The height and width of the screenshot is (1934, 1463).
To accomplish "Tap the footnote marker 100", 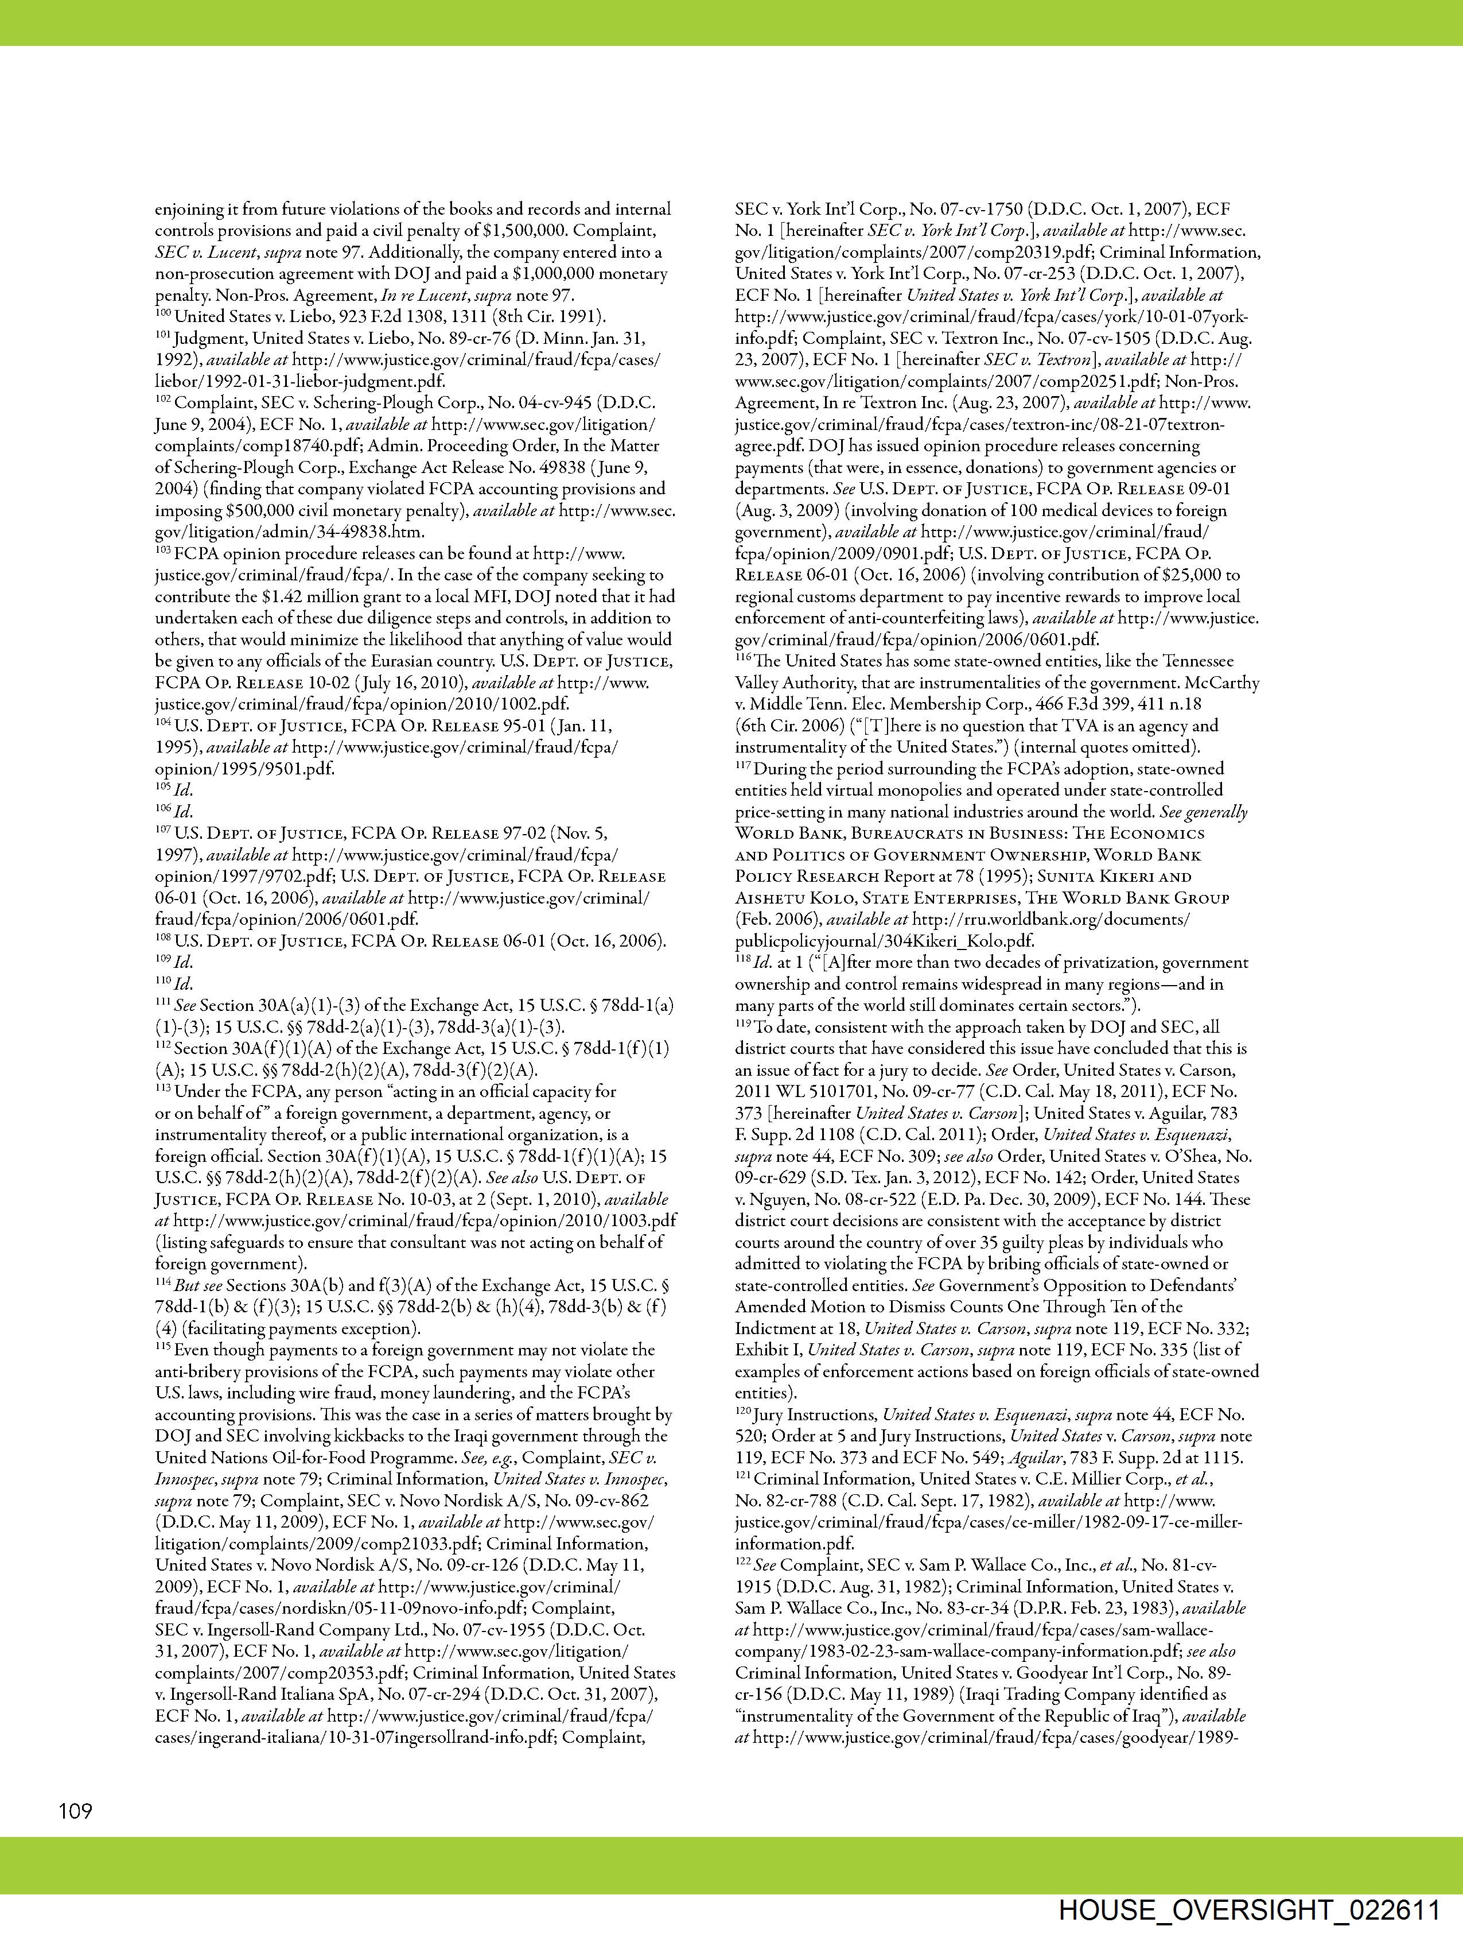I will tap(164, 313).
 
